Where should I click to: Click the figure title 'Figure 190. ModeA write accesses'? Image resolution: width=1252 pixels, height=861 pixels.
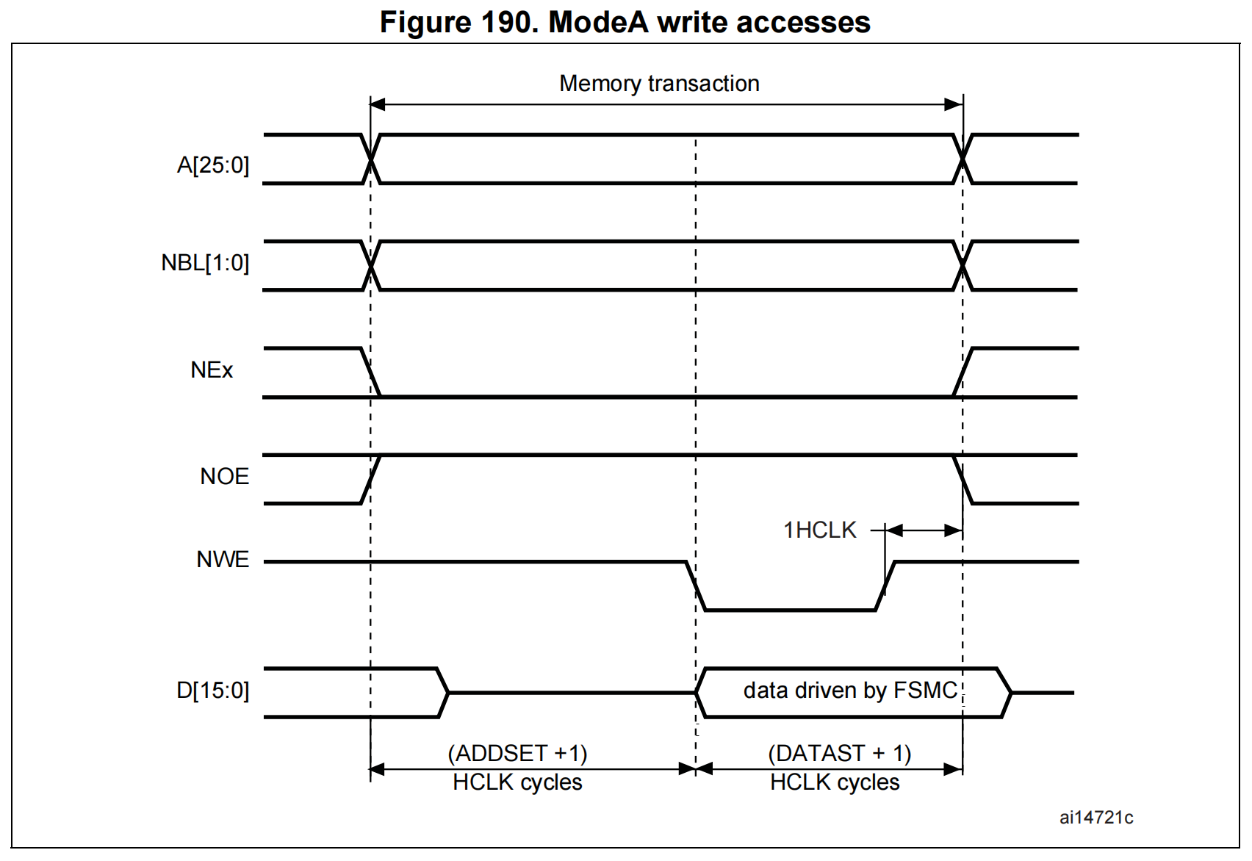(x=625, y=22)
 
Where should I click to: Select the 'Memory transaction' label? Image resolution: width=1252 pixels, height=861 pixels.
(x=659, y=84)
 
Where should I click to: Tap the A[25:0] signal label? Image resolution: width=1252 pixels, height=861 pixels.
(x=213, y=165)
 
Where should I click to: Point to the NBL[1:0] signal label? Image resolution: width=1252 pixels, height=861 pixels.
(x=205, y=263)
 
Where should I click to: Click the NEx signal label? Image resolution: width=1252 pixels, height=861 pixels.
(x=212, y=370)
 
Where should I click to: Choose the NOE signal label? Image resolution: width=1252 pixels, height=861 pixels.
(x=224, y=477)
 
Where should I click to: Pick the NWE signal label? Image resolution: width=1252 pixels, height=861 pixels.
(x=223, y=560)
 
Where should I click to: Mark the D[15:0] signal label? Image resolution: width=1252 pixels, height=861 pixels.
(x=213, y=691)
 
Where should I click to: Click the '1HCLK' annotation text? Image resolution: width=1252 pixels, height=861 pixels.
(x=819, y=530)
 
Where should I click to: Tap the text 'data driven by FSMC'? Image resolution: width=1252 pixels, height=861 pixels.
(x=850, y=691)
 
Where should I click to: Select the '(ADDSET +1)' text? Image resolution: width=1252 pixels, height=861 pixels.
(x=517, y=753)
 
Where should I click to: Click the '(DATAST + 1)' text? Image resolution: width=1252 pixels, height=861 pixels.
(x=839, y=753)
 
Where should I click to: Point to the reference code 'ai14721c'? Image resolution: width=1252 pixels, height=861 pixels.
(x=1095, y=818)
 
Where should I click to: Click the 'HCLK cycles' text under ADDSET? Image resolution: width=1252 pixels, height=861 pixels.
(x=517, y=782)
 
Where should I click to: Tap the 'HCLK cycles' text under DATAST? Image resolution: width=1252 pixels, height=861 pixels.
(x=835, y=782)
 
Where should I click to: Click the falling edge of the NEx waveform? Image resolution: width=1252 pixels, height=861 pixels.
(x=371, y=372)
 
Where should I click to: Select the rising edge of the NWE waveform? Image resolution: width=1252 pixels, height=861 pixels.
(x=885, y=586)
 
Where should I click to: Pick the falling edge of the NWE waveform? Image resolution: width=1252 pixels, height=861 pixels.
(x=697, y=586)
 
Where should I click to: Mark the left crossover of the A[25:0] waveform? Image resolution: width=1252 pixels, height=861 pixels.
(x=371, y=159)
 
